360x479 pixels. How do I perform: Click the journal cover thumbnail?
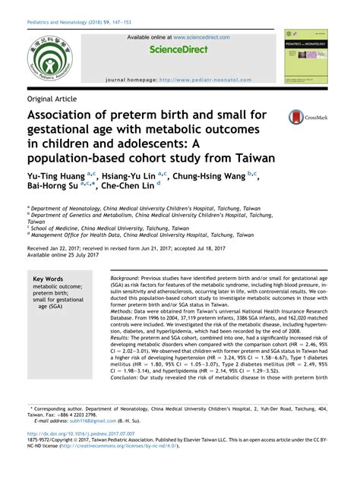click(x=305, y=57)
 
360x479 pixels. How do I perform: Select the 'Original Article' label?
click(x=55, y=99)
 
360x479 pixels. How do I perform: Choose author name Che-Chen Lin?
click(x=126, y=186)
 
